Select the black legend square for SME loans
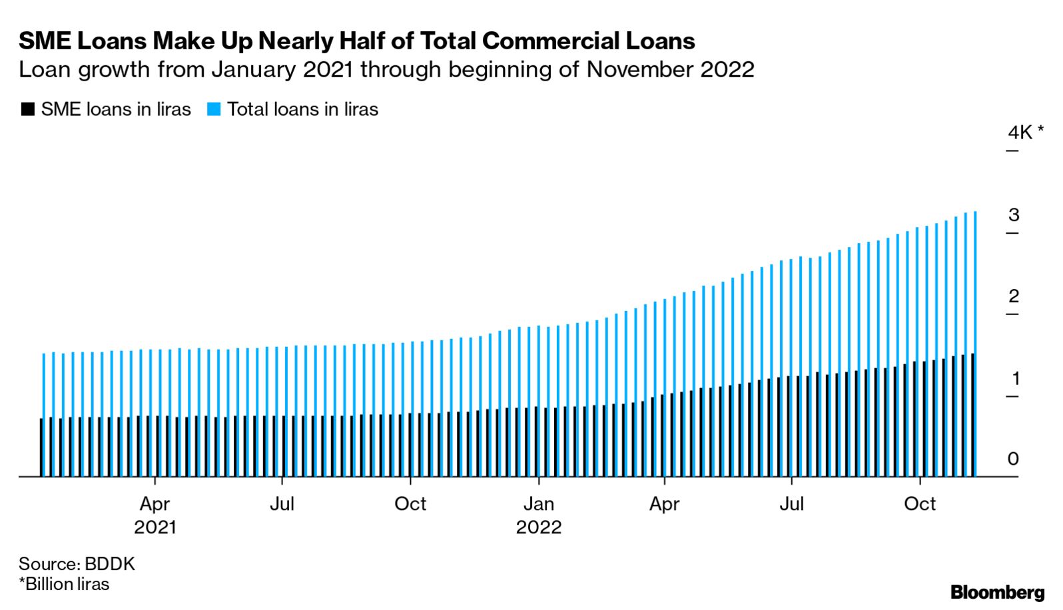pos(28,109)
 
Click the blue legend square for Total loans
pos(214,109)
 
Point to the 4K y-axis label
pos(1020,133)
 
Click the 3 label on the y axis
pos(1014,215)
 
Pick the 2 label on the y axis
pos(1014,296)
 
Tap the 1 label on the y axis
pos(1016,378)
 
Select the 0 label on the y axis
pos(1013,459)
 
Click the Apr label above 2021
pos(155,504)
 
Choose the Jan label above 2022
pos(539,503)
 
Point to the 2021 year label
pos(155,527)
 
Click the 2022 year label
pos(539,527)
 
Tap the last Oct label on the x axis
pos(920,503)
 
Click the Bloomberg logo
pos(997,592)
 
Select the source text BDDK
pos(110,564)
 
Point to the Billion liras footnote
pos(64,584)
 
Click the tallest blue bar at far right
pos(974,344)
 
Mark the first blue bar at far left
pos(44,415)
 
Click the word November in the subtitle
pos(639,70)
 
